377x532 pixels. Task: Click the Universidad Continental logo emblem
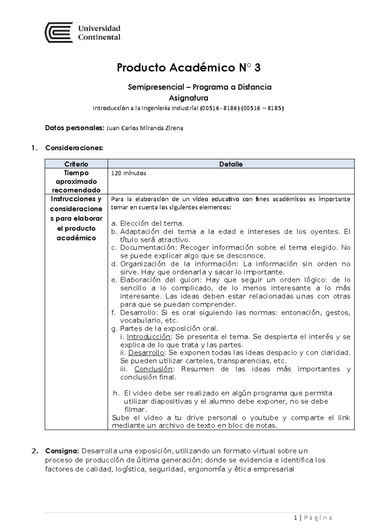point(59,33)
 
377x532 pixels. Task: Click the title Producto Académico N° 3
point(188,68)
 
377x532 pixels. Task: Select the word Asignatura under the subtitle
point(188,98)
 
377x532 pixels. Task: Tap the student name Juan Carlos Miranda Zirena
point(145,128)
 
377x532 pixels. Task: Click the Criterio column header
point(76,164)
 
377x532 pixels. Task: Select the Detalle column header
point(231,164)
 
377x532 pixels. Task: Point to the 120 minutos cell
point(128,173)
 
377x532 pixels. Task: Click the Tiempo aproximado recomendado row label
point(76,181)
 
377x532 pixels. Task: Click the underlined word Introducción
point(149,337)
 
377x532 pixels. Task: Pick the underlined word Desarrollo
point(146,353)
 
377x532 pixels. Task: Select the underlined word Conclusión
point(153,369)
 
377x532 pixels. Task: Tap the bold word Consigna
point(62,451)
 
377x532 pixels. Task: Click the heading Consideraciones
point(74,148)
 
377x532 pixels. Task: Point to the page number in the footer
point(295,518)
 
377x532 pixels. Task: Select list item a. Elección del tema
point(148,223)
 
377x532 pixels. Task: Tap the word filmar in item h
point(135,410)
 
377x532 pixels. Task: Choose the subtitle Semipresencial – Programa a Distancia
point(199,87)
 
